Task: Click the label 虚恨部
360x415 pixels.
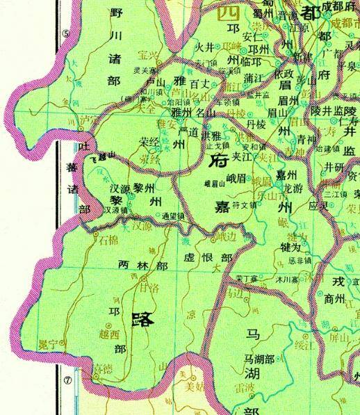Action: (208, 255)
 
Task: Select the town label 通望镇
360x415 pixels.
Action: (174, 216)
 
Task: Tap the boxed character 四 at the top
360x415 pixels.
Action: (228, 13)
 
